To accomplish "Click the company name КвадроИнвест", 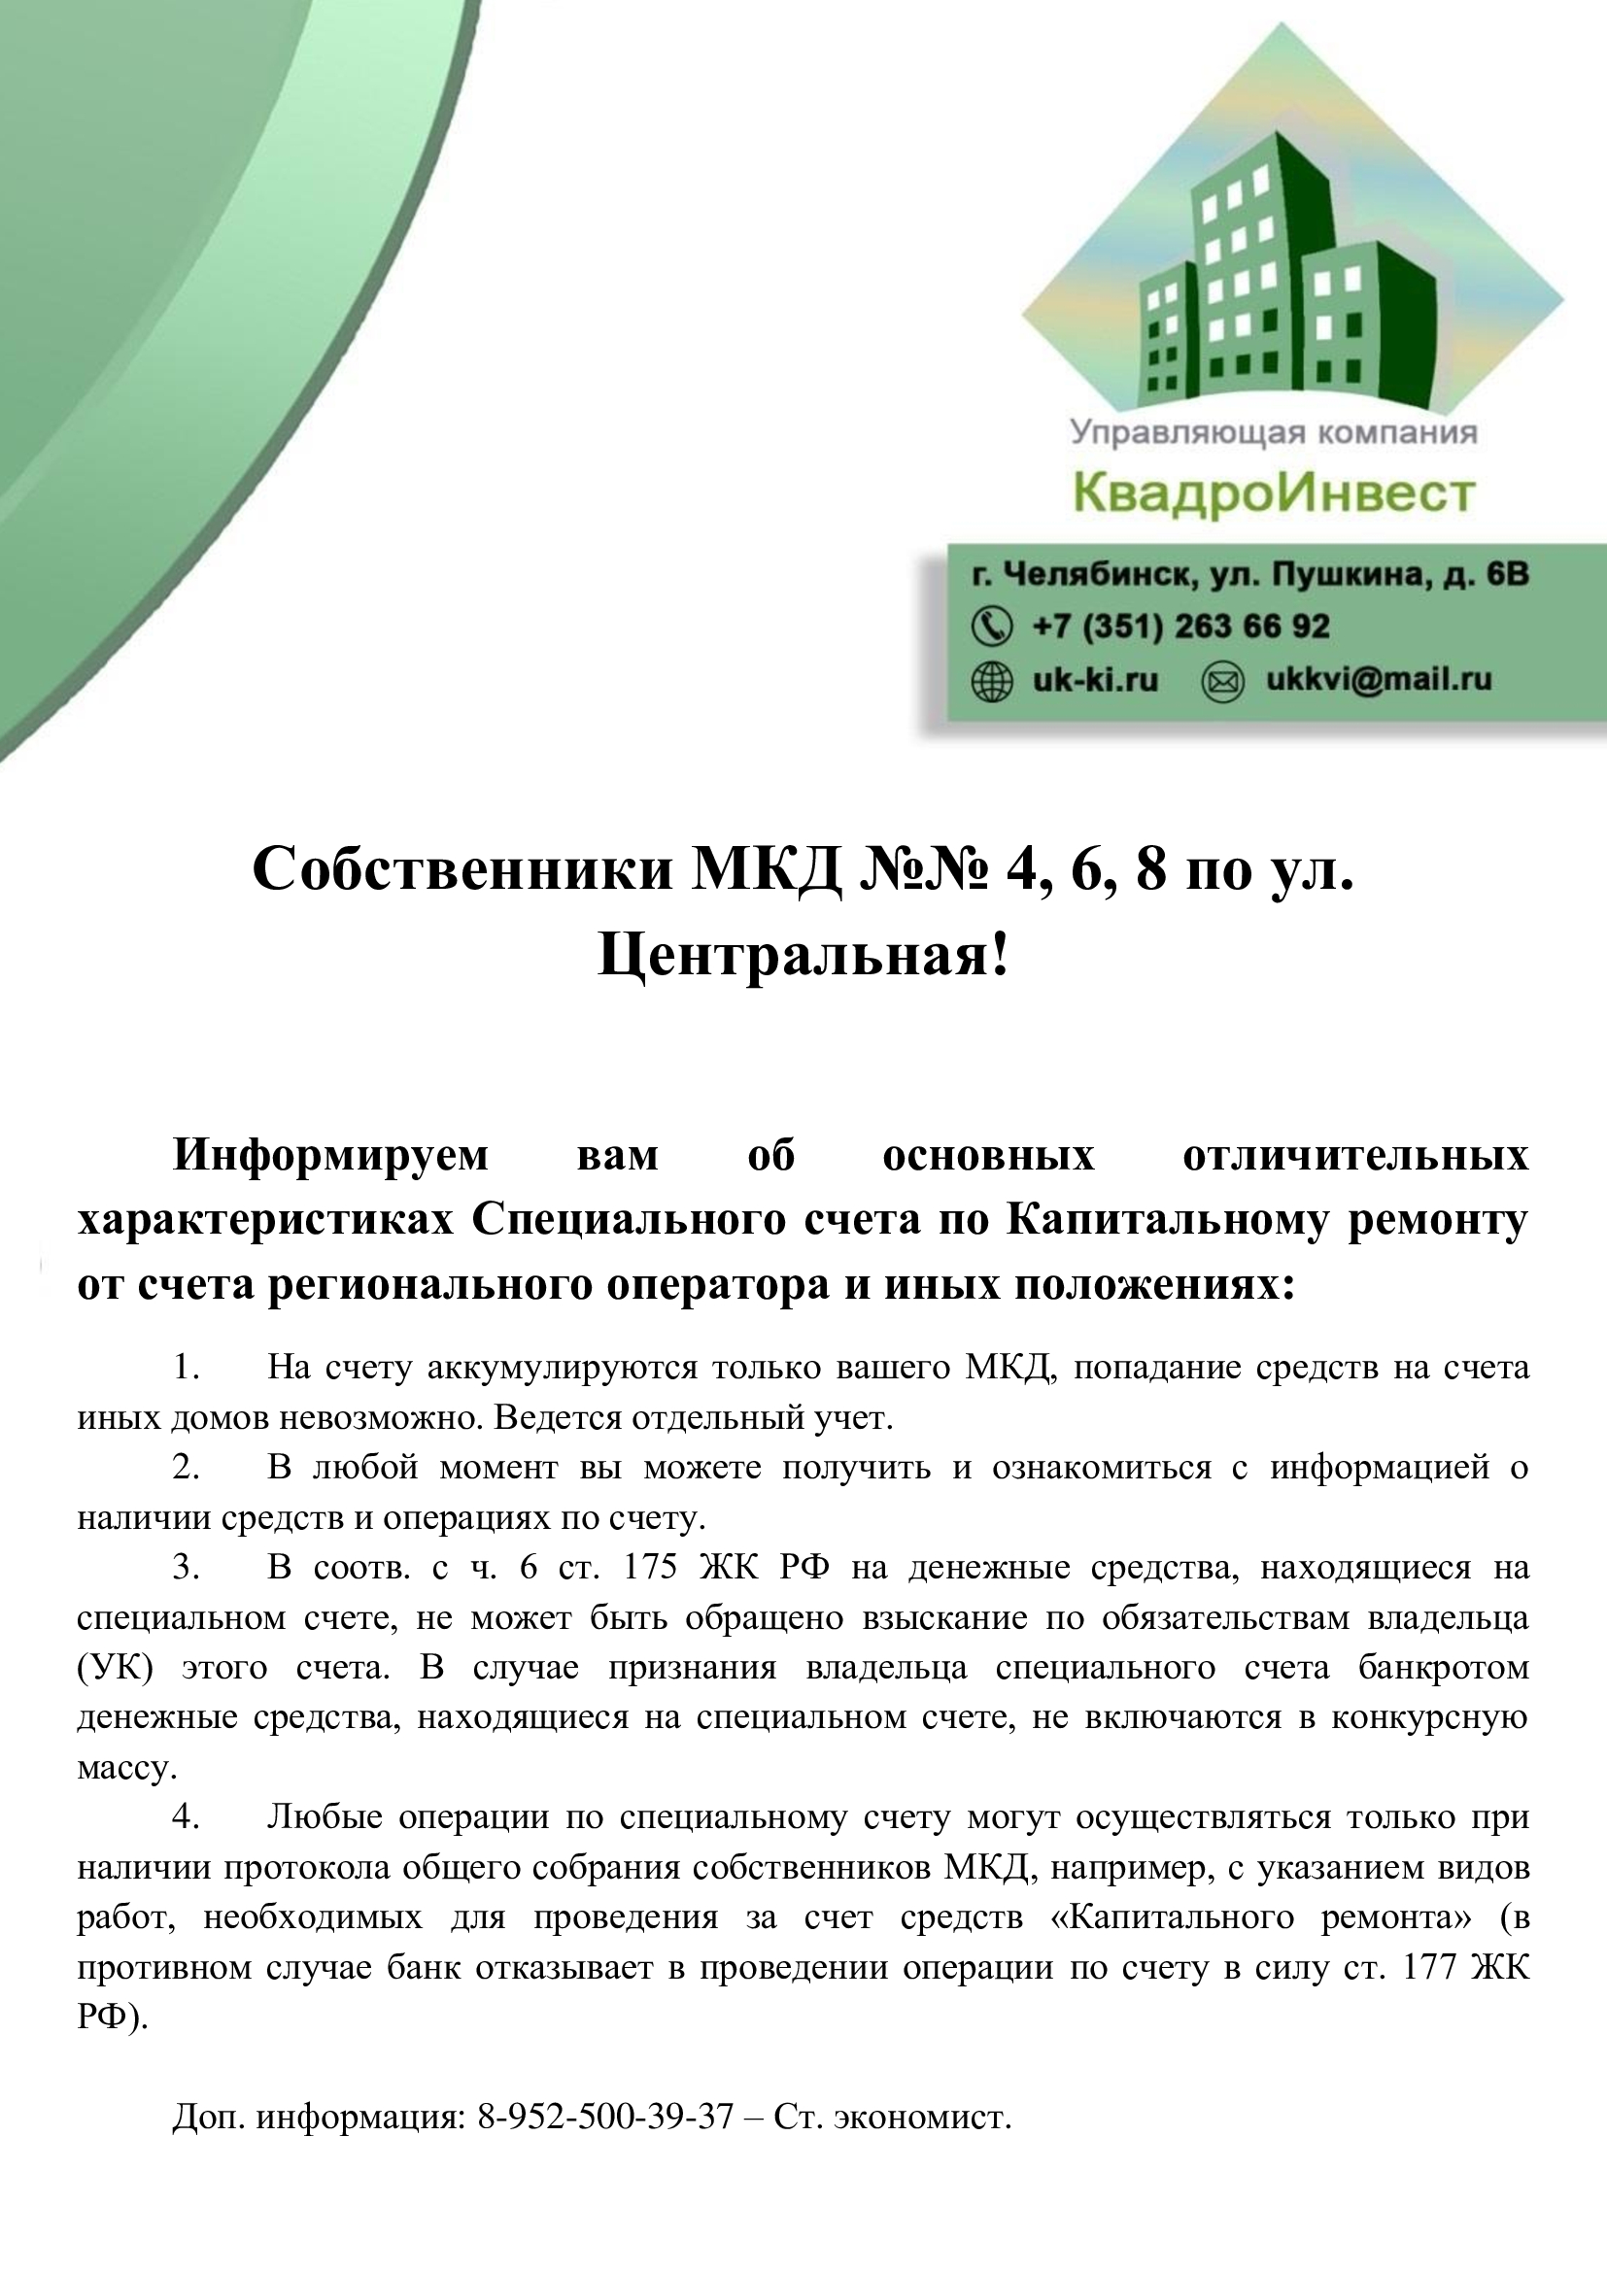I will (x=1275, y=492).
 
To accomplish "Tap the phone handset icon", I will (x=993, y=626).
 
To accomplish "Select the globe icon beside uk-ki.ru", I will (x=993, y=681).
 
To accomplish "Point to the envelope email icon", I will (x=1221, y=681).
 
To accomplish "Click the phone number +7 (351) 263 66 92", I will (x=1180, y=626).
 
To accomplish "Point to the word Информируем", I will (x=330, y=1155).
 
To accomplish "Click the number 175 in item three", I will (x=649, y=1568).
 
